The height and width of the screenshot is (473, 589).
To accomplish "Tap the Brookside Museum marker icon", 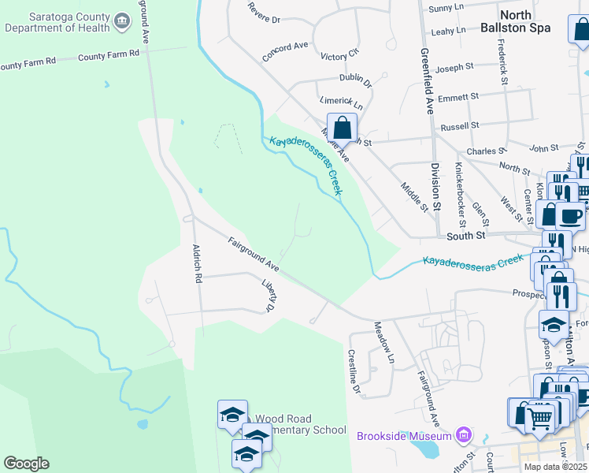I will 465,434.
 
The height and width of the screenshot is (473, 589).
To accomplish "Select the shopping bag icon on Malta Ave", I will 343,128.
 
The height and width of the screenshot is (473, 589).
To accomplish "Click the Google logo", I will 25,464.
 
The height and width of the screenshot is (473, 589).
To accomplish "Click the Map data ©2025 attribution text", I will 555,467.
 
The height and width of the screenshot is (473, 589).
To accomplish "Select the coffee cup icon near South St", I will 570,214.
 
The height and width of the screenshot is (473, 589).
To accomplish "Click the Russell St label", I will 460,126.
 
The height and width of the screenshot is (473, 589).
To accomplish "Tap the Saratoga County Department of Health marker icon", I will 121,21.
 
